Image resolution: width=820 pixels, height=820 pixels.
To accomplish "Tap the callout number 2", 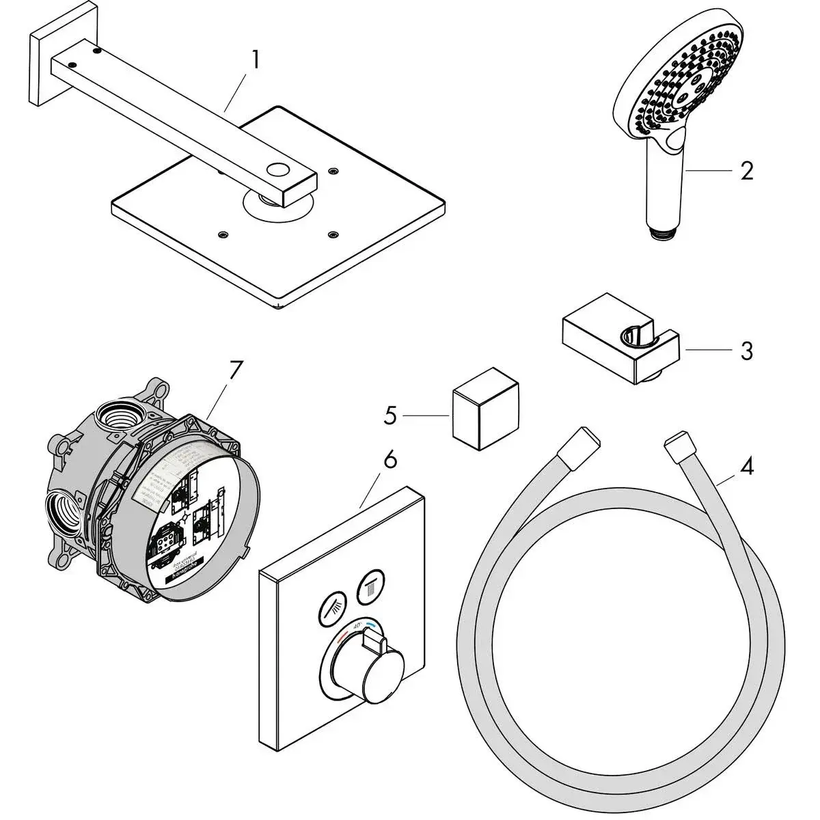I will pos(747,170).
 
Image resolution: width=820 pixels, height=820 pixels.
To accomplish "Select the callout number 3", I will pos(746,351).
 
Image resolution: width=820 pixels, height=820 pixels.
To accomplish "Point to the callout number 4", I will pos(747,467).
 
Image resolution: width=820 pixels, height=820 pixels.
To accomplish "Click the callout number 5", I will pos(390,415).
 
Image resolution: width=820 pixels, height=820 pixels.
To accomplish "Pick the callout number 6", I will pos(389,460).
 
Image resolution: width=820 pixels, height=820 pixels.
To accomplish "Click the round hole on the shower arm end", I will pos(279,169).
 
